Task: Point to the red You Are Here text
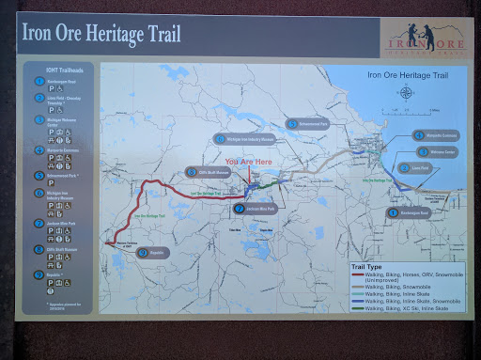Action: point(249,162)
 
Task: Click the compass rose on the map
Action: point(406,91)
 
